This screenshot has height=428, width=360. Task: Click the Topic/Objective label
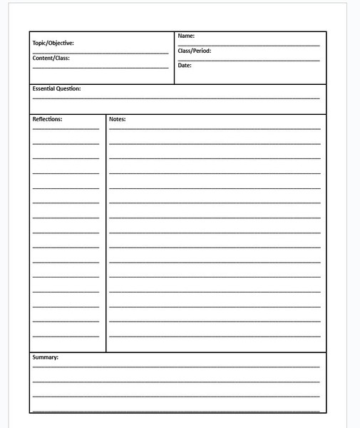(x=53, y=43)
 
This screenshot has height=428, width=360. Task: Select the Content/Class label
(x=51, y=58)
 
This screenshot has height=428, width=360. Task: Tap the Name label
(x=186, y=36)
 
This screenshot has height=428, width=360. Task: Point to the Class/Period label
(x=194, y=51)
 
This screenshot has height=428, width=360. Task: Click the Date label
(x=185, y=66)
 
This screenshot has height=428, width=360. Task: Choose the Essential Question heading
(x=56, y=89)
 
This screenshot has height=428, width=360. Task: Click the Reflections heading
(x=47, y=119)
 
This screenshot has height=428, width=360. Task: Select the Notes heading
(x=117, y=119)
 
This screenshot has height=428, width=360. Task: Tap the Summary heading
(x=45, y=357)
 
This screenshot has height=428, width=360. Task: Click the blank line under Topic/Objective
(x=101, y=53)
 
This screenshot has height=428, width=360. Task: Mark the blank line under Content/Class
(x=101, y=68)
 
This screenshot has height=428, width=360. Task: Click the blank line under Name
(x=249, y=45)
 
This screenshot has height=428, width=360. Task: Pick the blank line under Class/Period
(x=249, y=60)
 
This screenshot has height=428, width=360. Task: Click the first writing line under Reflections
(x=66, y=129)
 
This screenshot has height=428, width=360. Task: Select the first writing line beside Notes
(x=215, y=128)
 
